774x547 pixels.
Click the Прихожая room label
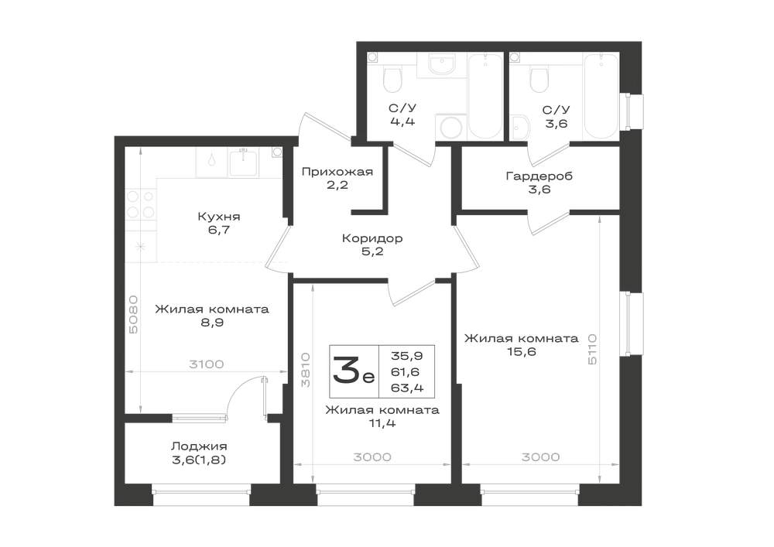click(337, 172)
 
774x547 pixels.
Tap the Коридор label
click(373, 238)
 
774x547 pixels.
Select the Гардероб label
click(539, 176)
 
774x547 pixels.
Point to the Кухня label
click(219, 217)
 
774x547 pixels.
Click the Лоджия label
click(199, 447)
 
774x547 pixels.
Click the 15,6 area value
click(521, 352)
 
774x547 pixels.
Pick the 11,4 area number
click(382, 423)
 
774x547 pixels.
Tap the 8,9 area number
click(212, 323)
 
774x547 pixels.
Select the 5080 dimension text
click(133, 315)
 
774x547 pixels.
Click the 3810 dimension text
click(305, 369)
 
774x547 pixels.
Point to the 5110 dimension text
click(592, 349)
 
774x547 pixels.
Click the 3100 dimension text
click(207, 364)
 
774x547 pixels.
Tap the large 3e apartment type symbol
click(354, 371)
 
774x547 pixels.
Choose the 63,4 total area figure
click(407, 388)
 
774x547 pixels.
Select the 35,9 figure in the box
click(407, 355)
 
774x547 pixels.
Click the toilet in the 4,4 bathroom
click(393, 80)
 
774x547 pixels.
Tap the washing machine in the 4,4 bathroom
click(450, 127)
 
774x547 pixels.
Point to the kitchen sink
click(243, 162)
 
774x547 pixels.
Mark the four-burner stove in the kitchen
click(140, 205)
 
